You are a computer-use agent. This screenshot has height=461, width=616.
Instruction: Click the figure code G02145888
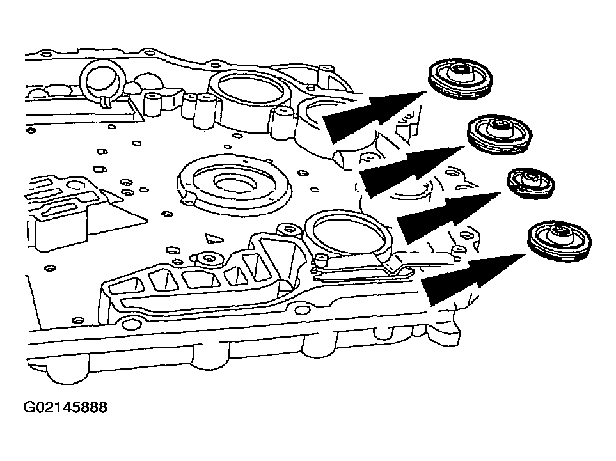coord(66,407)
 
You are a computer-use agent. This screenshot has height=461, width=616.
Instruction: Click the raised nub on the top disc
coord(460,70)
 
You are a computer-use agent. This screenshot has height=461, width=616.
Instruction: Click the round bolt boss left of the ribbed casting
coord(209,260)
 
